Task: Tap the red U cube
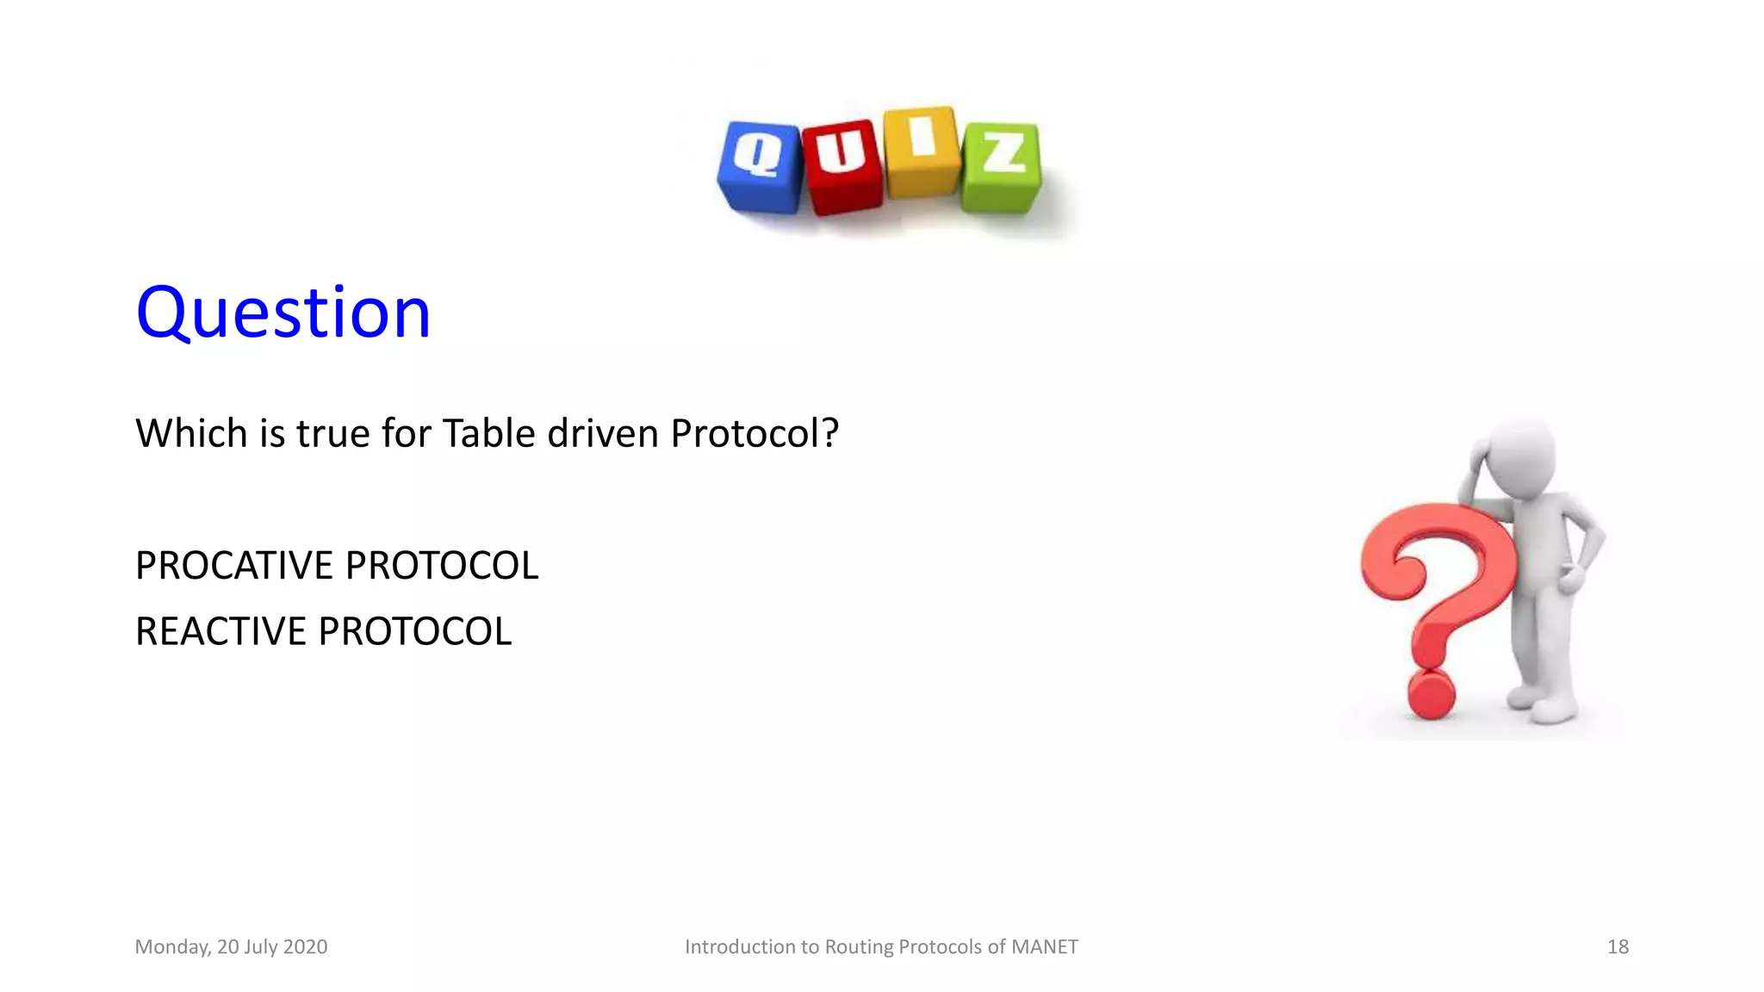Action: pyautogui.click(x=842, y=167)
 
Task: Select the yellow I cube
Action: pyautogui.click(x=922, y=152)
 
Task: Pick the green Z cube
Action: pyautogui.click(x=1002, y=167)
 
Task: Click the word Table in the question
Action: pyautogui.click(x=488, y=433)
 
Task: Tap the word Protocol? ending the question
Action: pyautogui.click(x=755, y=433)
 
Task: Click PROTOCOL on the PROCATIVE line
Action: pyautogui.click(x=442, y=566)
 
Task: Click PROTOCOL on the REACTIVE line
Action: pyautogui.click(x=415, y=631)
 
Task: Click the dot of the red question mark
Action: pyautogui.click(x=1431, y=694)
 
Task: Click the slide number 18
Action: pyautogui.click(x=1618, y=947)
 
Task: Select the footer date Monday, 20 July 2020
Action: pyautogui.click(x=231, y=947)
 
